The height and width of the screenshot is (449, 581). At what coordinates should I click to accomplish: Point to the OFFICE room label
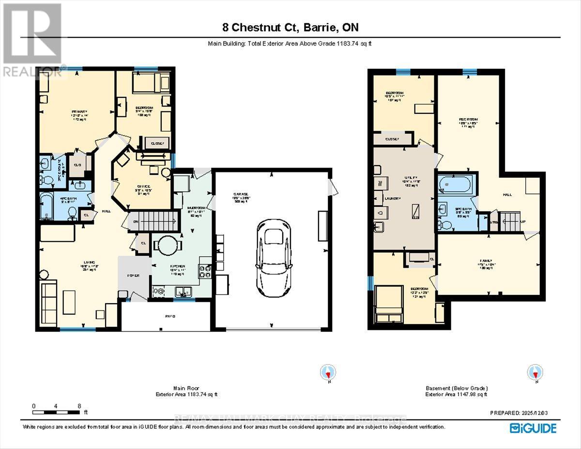[x=143, y=186]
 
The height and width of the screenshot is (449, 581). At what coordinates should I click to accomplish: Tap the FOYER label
[x=133, y=275]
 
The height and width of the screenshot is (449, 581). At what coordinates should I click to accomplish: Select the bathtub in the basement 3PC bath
[x=454, y=185]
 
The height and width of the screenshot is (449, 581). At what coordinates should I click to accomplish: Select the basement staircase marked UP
[x=511, y=221]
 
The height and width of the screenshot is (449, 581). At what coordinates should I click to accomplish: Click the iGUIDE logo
[x=533, y=428]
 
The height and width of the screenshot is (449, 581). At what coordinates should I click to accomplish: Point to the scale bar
[x=56, y=413]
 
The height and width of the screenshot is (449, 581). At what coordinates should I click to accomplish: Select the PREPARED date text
[x=521, y=413]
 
